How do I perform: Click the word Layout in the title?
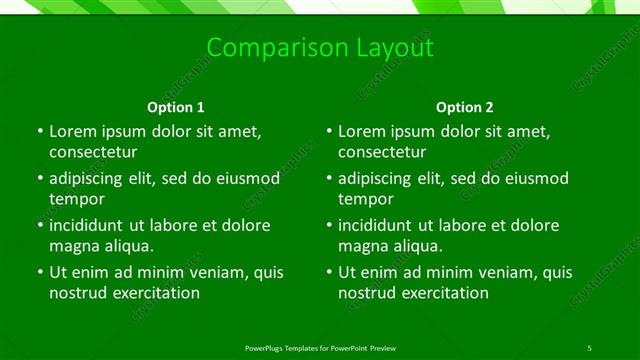pyautogui.click(x=390, y=48)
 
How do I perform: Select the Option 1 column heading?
pyautogui.click(x=176, y=107)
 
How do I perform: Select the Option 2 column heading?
pyautogui.click(x=465, y=107)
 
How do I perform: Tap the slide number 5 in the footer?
pyautogui.click(x=590, y=347)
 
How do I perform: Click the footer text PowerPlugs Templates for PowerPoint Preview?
pyautogui.click(x=320, y=347)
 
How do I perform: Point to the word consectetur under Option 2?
pyautogui.click(x=382, y=152)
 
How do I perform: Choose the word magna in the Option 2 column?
pyautogui.click(x=363, y=245)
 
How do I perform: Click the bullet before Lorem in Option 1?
pyautogui.click(x=38, y=132)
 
